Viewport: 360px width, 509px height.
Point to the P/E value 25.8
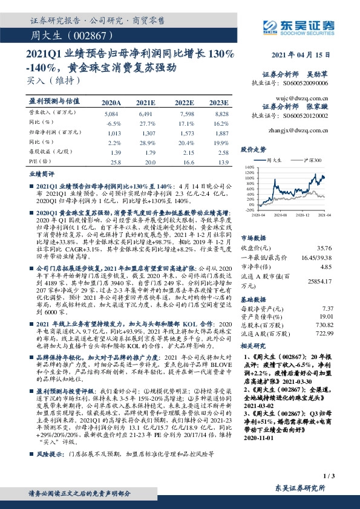coord(114,163)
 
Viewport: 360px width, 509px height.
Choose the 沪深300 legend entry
coord(307,160)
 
